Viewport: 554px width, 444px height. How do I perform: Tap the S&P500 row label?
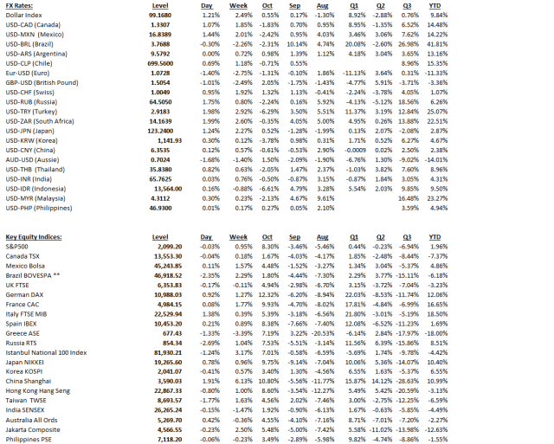tap(20, 246)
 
